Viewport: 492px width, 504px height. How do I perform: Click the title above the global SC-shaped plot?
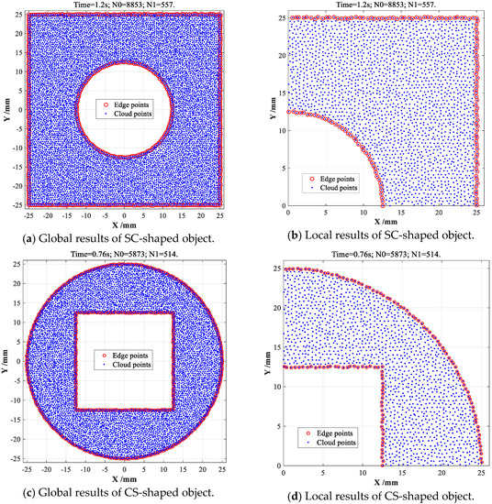124,5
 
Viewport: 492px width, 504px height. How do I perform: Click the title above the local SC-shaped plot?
382,5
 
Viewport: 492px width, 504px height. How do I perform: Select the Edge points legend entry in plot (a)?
126,105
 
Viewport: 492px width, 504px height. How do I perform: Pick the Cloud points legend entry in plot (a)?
126,114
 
